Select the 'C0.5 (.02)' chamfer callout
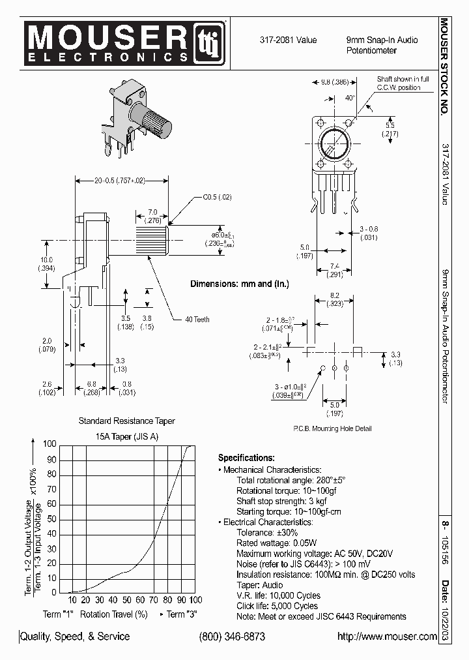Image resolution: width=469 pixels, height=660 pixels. (217, 196)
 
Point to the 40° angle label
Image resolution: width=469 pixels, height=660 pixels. (350, 98)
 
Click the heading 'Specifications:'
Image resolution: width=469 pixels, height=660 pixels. (246, 458)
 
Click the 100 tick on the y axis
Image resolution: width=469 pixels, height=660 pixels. (50, 444)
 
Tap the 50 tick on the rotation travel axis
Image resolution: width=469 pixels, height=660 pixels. (127, 600)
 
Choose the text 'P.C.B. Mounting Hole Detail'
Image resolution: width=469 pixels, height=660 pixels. (332, 428)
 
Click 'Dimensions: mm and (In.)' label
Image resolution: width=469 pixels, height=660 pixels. (239, 284)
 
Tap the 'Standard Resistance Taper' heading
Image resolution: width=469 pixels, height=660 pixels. (126, 421)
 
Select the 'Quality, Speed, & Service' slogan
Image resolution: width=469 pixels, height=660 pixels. (76, 637)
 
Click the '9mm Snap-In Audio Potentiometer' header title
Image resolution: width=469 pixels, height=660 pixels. (382, 44)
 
